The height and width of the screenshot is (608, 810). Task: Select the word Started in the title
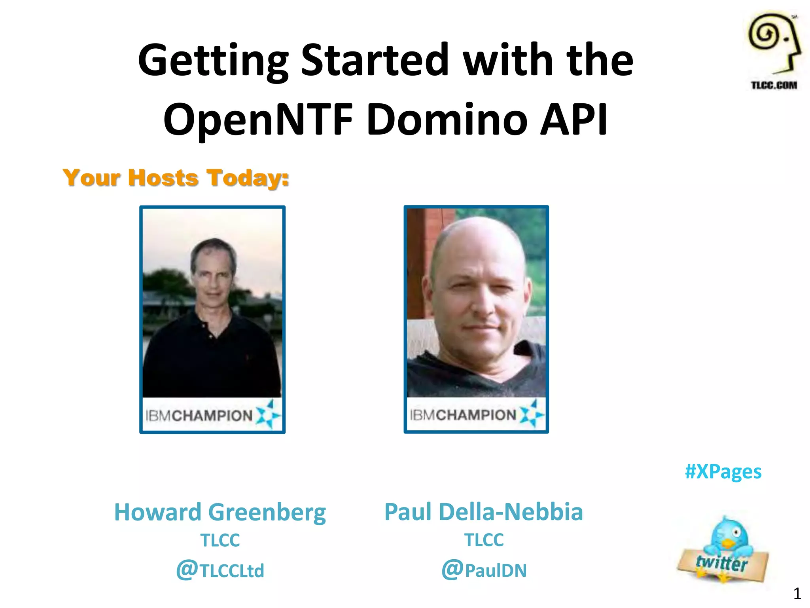(374, 60)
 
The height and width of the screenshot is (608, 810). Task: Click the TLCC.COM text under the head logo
(774, 85)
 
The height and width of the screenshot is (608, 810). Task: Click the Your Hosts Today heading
(176, 178)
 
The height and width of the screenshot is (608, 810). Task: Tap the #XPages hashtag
(723, 471)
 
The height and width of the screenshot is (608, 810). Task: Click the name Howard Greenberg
(220, 512)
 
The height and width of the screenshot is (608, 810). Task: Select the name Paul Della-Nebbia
(483, 512)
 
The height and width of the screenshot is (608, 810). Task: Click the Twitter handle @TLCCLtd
(220, 570)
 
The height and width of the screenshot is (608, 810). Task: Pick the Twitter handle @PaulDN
(484, 570)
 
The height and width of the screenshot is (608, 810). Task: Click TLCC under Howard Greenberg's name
(220, 540)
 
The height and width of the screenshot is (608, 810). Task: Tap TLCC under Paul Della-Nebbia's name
(484, 540)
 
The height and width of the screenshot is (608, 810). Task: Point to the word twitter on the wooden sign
(722, 563)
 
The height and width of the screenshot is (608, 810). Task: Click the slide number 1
(797, 594)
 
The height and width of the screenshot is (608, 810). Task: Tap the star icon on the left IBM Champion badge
(268, 414)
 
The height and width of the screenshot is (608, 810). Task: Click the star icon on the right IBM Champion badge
(531, 414)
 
